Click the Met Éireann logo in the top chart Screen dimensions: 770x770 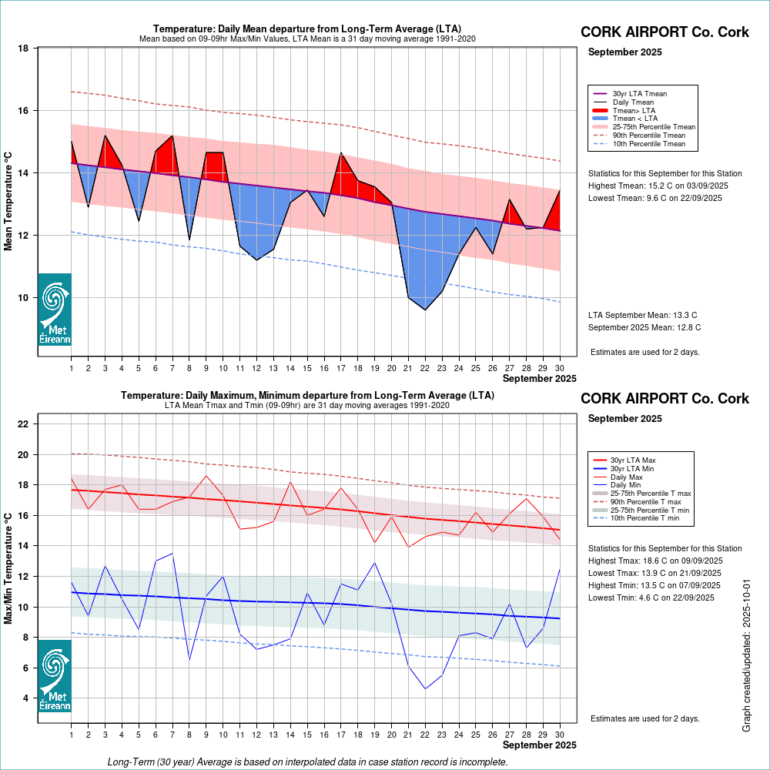(x=55, y=309)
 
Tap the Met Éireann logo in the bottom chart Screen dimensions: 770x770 (x=55, y=675)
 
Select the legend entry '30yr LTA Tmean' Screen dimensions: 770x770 (x=640, y=94)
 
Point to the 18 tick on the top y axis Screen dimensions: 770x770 (x=23, y=49)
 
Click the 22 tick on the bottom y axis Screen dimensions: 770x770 (x=23, y=424)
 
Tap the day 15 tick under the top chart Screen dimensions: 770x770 (x=307, y=369)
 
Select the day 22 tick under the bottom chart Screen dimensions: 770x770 (x=425, y=735)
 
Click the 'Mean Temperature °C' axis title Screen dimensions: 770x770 (x=8, y=200)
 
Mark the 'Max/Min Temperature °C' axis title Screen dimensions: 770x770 (x=8, y=570)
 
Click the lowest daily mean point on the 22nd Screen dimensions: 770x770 (x=425, y=310)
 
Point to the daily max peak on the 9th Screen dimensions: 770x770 (x=206, y=475)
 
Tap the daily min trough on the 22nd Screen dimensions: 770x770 (x=425, y=688)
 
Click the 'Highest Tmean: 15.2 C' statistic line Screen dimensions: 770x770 (x=658, y=186)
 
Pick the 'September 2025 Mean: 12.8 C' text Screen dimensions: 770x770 (x=644, y=327)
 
